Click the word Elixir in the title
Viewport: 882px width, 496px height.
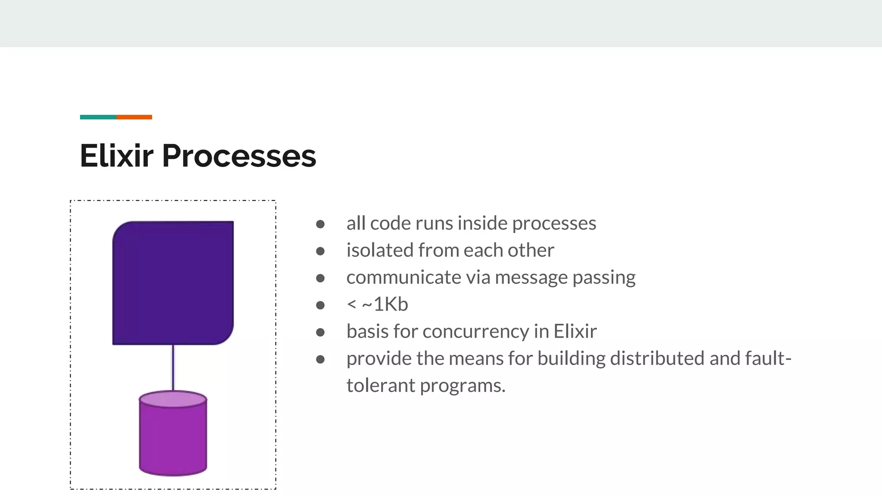pos(116,155)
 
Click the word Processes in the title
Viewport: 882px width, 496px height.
pos(239,155)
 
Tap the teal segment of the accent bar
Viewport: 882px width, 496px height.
pos(98,117)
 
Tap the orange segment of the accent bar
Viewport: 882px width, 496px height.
pos(134,117)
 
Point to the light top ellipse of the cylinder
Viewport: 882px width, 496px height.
pos(173,399)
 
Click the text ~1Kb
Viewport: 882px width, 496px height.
pos(385,304)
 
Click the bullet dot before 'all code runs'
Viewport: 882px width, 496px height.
pos(320,224)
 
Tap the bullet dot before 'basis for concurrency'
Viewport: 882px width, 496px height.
pos(320,332)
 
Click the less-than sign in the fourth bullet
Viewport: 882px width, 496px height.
pos(351,304)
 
